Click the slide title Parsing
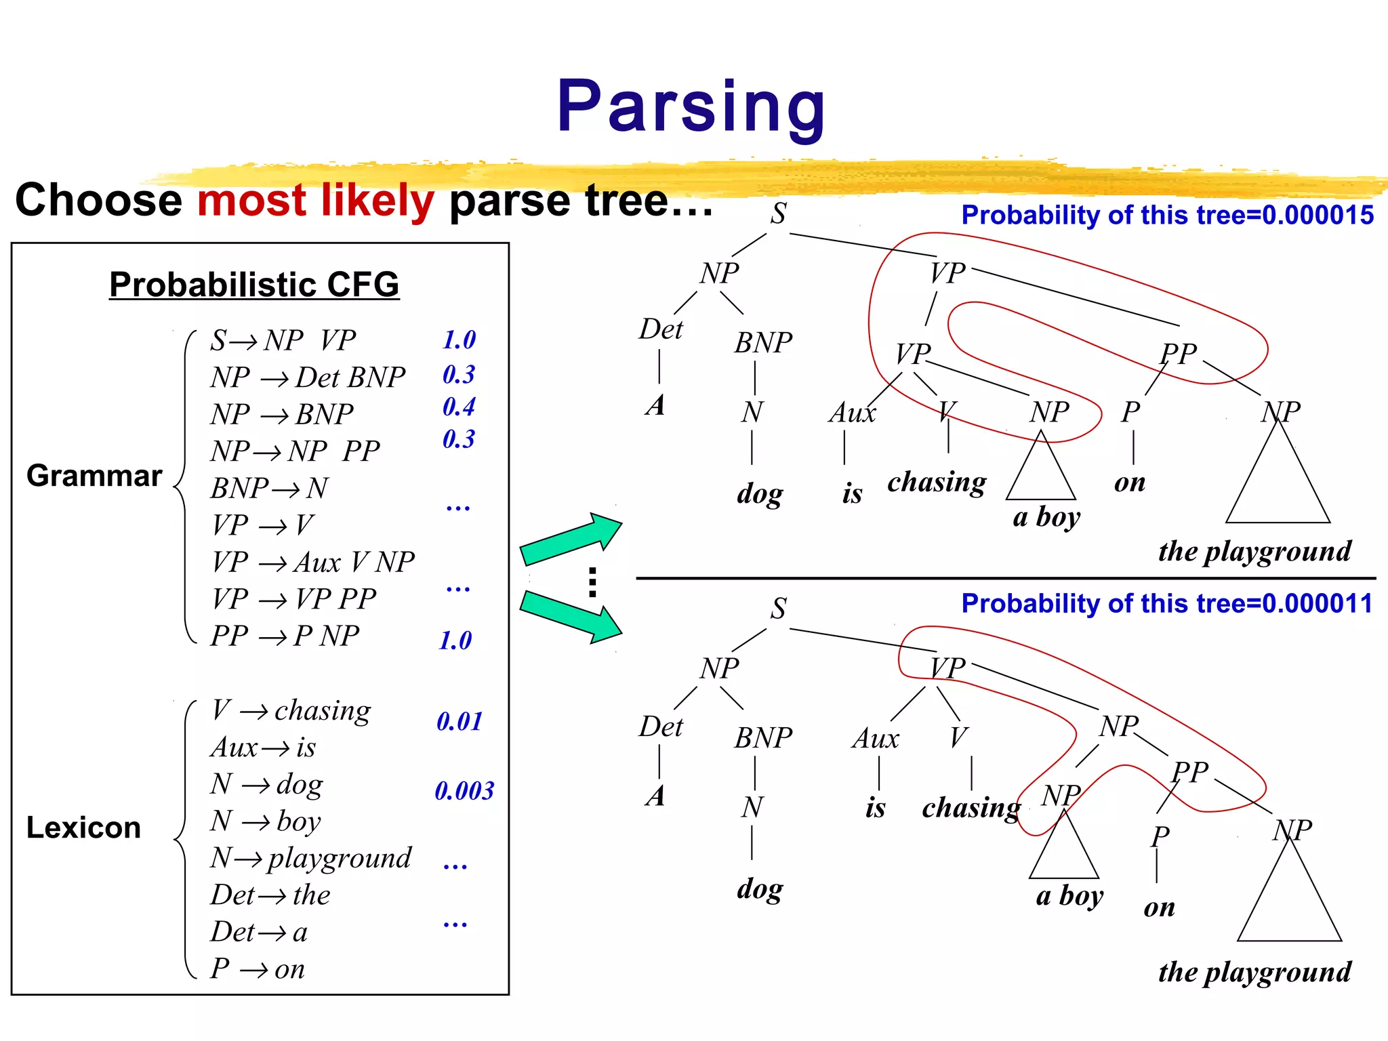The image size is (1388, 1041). click(691, 107)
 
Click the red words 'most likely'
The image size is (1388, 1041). click(315, 201)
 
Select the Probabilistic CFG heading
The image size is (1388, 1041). click(254, 284)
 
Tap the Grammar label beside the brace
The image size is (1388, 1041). click(94, 476)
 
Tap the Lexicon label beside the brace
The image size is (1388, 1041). click(83, 828)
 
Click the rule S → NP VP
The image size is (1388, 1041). click(283, 340)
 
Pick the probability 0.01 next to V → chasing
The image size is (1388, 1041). click(459, 722)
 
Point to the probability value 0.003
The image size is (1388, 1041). click(464, 791)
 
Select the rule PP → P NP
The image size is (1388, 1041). click(285, 636)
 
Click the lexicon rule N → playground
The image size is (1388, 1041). click(310, 858)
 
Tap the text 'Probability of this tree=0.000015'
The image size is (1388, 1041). click(1167, 216)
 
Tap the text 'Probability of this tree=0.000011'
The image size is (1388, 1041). click(1167, 604)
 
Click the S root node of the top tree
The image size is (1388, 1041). click(778, 213)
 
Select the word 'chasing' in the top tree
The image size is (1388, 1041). click(937, 483)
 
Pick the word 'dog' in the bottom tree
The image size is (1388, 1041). click(759, 889)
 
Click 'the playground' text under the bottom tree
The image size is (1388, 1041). click(1254, 972)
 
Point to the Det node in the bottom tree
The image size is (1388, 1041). click(661, 727)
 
